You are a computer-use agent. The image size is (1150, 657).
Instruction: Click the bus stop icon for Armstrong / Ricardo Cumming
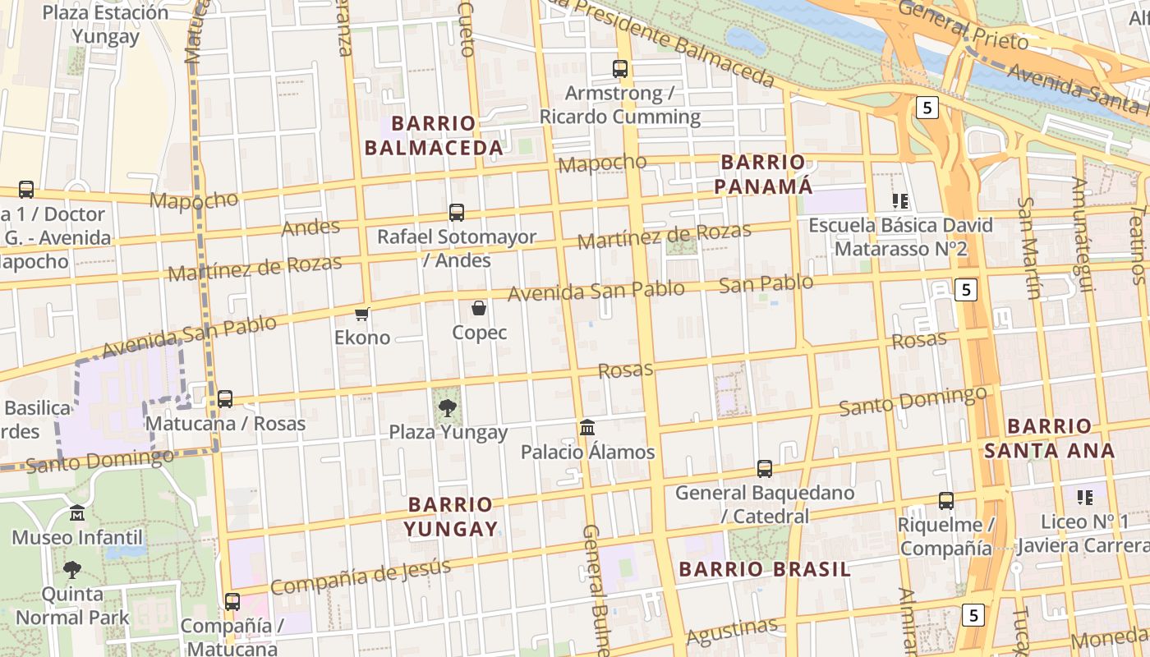(620, 69)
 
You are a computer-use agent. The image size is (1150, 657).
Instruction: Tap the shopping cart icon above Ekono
(362, 314)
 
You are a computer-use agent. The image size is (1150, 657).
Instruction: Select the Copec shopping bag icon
(479, 309)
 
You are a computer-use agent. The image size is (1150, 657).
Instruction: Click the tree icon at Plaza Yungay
(448, 407)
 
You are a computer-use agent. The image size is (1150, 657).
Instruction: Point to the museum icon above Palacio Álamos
(587, 428)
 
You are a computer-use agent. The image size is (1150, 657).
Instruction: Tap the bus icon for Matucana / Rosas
(225, 399)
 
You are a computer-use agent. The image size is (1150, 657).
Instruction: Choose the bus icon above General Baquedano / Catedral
(765, 469)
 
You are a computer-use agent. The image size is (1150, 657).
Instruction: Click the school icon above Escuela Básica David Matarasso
(900, 201)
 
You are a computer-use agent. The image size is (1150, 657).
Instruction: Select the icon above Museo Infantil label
(77, 513)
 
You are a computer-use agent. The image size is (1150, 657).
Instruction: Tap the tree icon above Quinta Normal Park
(72, 569)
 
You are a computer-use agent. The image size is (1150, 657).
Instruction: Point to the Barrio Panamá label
(763, 174)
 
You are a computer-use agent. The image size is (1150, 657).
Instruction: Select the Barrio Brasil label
(764, 569)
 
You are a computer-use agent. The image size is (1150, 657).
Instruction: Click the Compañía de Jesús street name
(361, 577)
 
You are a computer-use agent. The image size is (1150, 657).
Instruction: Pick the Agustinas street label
(731, 631)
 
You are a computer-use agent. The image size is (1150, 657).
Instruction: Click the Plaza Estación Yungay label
(105, 25)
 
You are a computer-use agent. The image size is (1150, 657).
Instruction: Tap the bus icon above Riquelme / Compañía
(946, 501)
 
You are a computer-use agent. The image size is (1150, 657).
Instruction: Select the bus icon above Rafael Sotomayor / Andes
(457, 213)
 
